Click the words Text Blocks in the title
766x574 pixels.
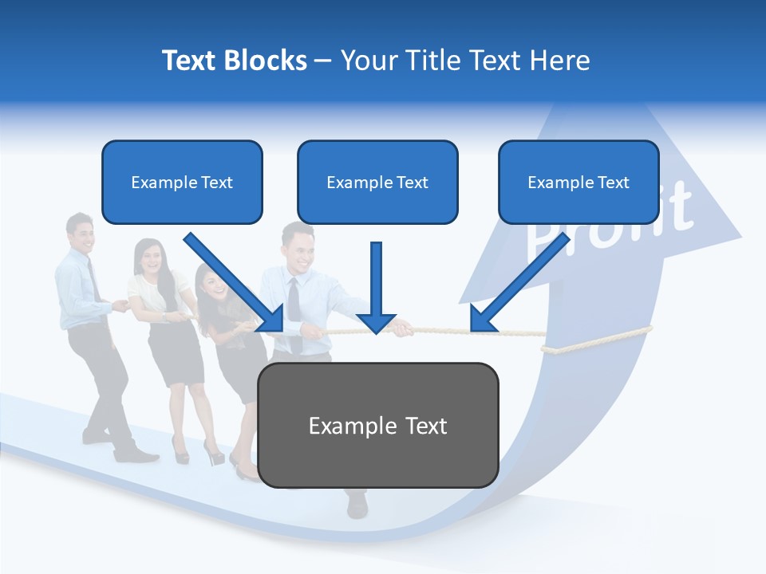click(x=234, y=61)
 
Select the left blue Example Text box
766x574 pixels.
click(x=182, y=182)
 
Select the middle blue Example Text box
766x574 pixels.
click(x=377, y=182)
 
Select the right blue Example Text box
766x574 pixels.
click(x=578, y=182)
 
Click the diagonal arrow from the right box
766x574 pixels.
click(x=519, y=283)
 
